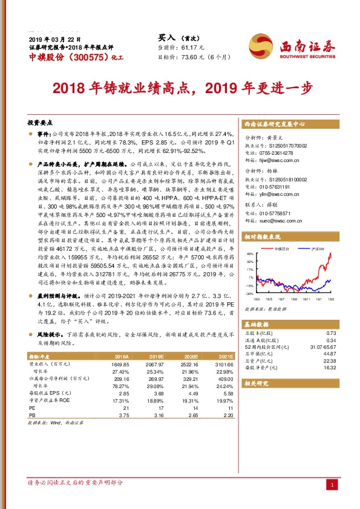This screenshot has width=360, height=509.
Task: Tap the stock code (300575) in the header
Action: click(87, 57)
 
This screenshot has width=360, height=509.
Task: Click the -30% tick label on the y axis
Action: click(249, 293)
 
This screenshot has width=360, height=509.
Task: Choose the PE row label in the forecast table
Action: click(32, 408)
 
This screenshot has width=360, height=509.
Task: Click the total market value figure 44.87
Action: click(330, 354)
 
